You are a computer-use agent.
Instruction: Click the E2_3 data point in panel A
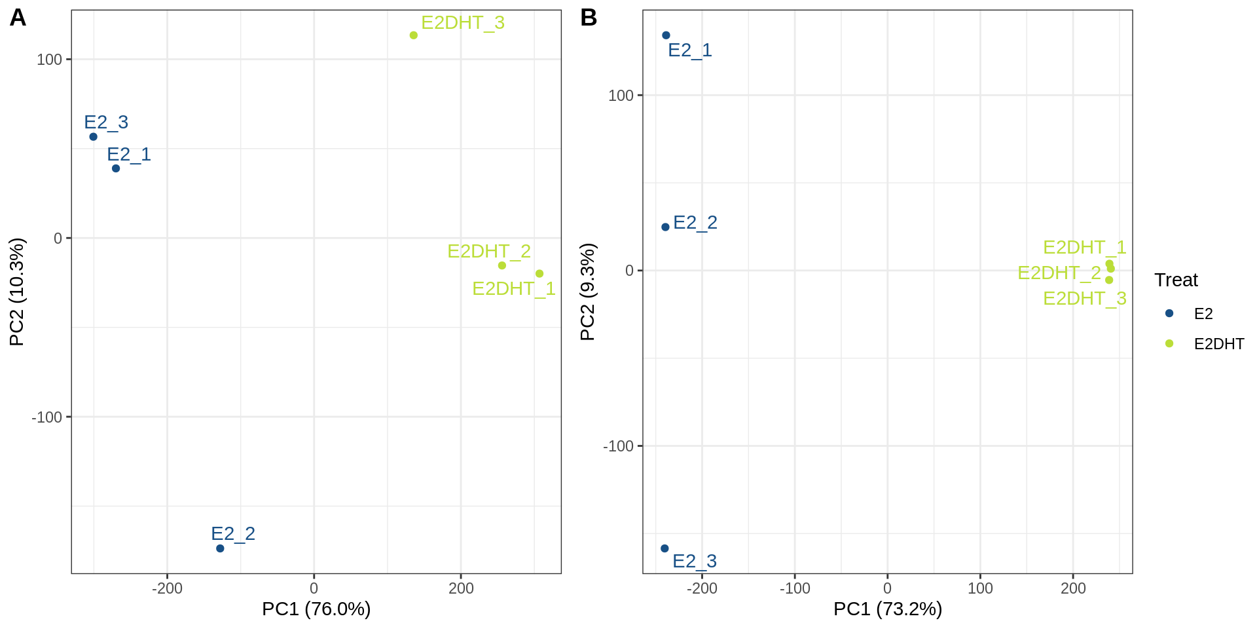coord(93,137)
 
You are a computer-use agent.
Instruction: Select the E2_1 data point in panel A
coord(116,168)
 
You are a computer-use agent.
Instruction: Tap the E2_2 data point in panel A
coord(220,548)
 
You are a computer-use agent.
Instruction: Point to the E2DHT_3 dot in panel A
coord(414,35)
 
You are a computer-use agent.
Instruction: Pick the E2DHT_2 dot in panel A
coord(502,265)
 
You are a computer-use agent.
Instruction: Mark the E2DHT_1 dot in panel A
coord(539,274)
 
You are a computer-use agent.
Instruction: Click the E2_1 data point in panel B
coord(666,35)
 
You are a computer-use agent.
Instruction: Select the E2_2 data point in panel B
coord(665,227)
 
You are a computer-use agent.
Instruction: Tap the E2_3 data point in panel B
coord(665,548)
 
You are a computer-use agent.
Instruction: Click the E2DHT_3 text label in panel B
coord(1084,299)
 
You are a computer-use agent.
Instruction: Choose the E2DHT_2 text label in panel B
coord(1059,273)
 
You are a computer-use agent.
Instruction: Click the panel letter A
coord(18,18)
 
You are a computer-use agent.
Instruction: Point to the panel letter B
coord(589,18)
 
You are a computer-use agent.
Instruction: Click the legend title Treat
coord(1176,280)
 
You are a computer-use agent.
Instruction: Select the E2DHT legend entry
coord(1218,344)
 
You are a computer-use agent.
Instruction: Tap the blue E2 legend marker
coord(1169,313)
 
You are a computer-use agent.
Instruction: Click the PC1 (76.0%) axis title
coord(316,609)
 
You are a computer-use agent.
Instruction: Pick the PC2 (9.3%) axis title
coord(587,292)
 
